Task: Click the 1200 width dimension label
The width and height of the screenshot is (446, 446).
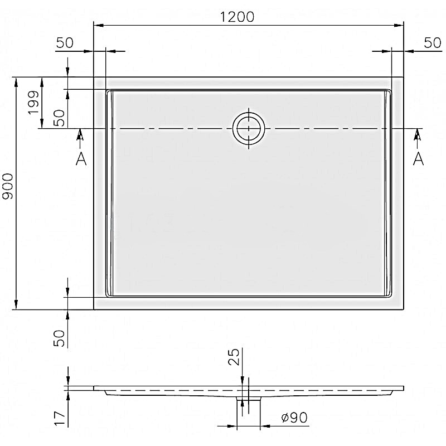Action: coord(237,17)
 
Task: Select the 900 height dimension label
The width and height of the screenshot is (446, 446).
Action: coord(8,186)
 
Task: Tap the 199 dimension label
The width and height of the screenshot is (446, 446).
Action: coord(33,103)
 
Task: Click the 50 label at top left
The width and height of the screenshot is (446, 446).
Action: coord(65,43)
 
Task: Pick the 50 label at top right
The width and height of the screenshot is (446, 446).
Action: coord(433,43)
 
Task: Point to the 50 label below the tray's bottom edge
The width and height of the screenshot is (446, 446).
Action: coord(59,338)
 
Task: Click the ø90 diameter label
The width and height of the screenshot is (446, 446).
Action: coord(294,418)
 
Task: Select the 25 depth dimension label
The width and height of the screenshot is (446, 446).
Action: coord(234,357)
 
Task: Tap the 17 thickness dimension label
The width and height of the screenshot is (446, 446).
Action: coord(60,418)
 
